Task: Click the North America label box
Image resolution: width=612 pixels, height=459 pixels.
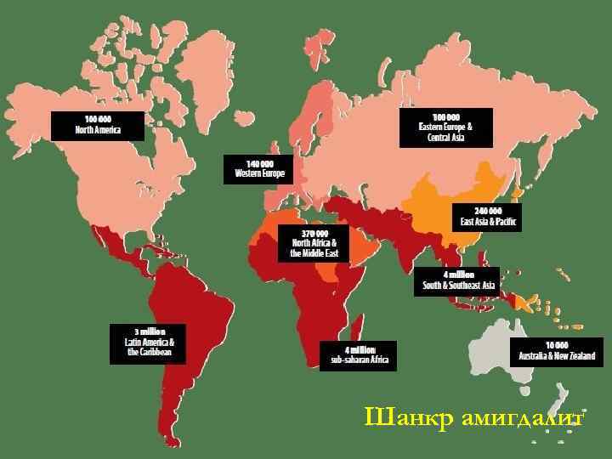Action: click(97, 125)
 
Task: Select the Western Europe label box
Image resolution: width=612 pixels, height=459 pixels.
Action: click(258, 168)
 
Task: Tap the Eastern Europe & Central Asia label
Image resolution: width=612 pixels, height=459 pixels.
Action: click(445, 127)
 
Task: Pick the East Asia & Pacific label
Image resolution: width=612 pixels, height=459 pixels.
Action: click(488, 217)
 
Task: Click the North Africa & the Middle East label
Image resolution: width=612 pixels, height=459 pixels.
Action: click(314, 243)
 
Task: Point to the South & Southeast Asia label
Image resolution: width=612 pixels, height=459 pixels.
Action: click(458, 281)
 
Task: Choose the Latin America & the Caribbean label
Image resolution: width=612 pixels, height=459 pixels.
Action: click(148, 343)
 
